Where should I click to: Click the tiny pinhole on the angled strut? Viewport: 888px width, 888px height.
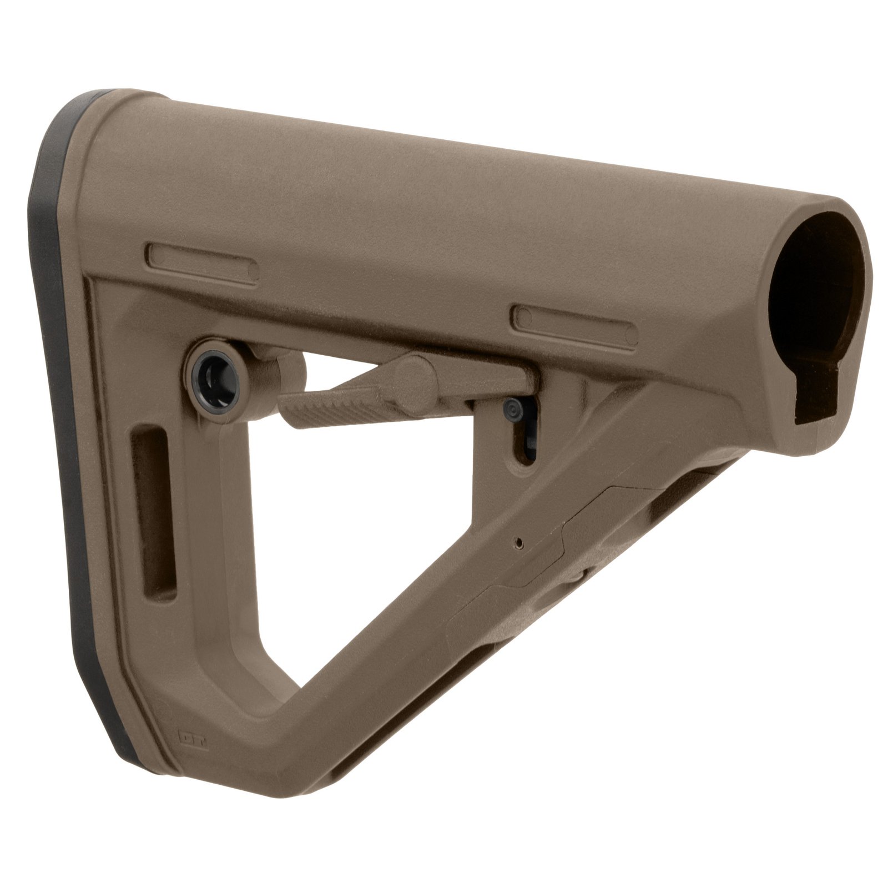click(x=519, y=539)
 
